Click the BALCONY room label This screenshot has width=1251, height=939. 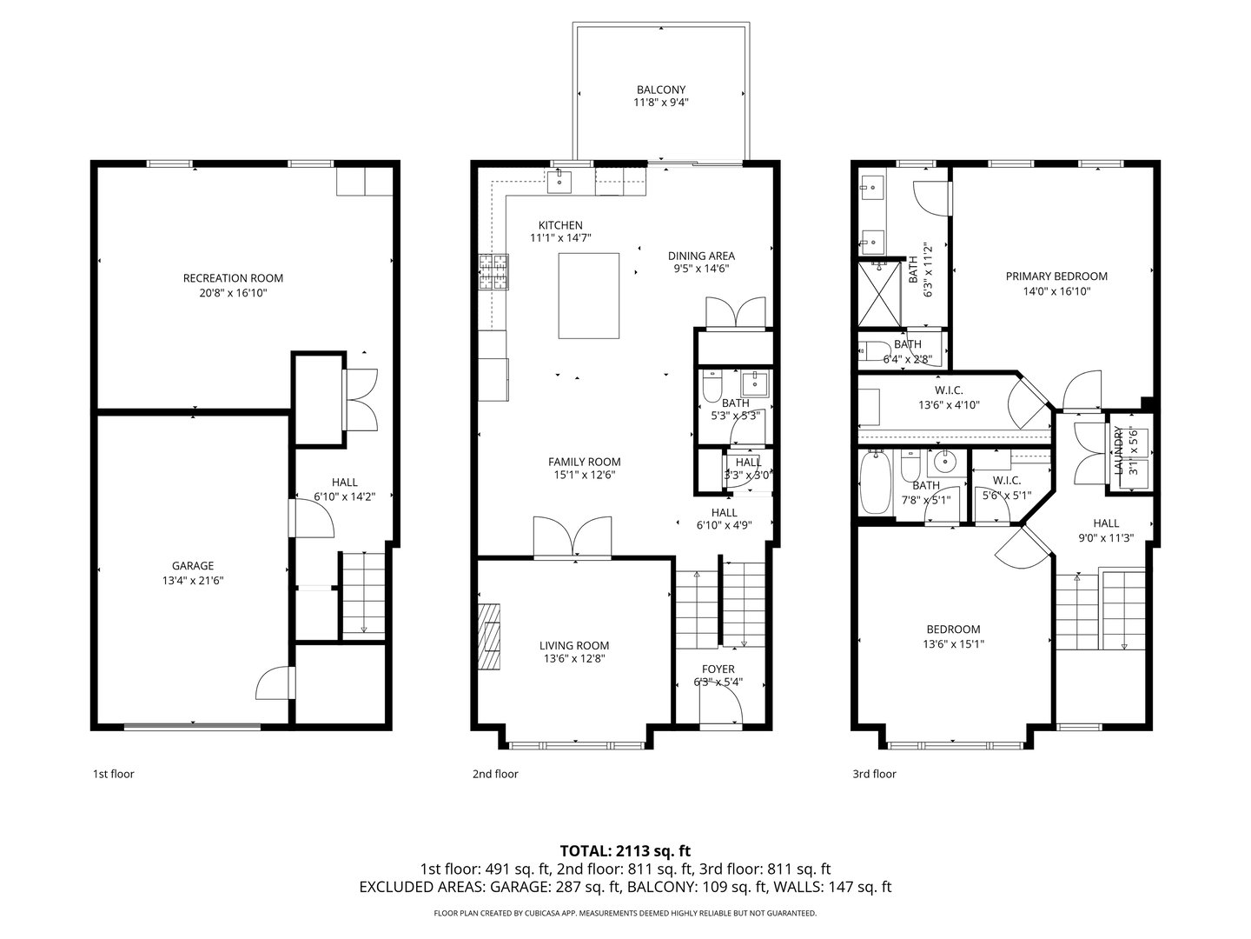click(x=660, y=90)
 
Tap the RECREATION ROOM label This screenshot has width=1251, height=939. click(x=233, y=278)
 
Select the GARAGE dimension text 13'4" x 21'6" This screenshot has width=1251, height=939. click(x=193, y=581)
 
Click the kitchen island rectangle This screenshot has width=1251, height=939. click(x=588, y=296)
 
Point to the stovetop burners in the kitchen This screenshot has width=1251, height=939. click(x=493, y=271)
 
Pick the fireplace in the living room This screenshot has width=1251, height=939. click(x=488, y=636)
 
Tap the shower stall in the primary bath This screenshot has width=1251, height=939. click(x=879, y=294)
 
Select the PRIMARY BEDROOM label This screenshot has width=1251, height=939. click(x=1056, y=276)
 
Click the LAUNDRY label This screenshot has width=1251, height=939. click(x=1117, y=450)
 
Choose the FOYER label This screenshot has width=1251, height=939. click(x=718, y=669)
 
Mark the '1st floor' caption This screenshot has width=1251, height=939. click(x=114, y=774)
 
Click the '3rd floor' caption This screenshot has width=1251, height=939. click(x=874, y=774)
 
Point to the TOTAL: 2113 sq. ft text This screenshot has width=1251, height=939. click(x=625, y=851)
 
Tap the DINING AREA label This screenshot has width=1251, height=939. click(x=701, y=256)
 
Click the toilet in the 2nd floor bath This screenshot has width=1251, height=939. click(x=712, y=385)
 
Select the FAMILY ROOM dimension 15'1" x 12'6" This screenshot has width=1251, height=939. click(x=584, y=475)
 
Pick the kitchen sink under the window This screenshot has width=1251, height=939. click(x=559, y=182)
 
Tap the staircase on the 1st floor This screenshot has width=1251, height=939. click(x=363, y=595)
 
